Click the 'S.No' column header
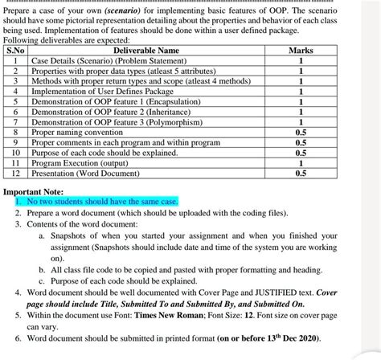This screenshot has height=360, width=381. coord(16,51)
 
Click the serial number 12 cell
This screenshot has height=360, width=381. coord(16,172)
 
